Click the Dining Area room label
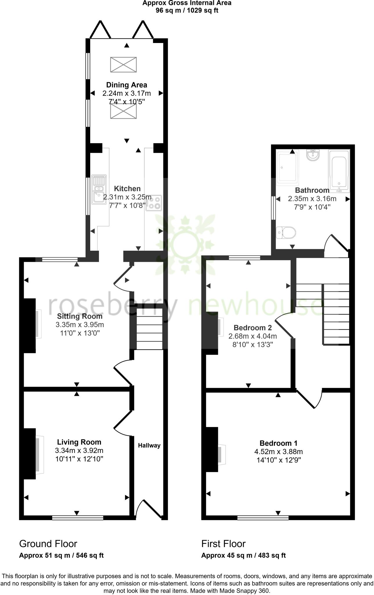[x=127, y=85]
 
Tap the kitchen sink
[x=99, y=189]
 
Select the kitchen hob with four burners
[x=154, y=203]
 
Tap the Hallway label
[x=149, y=445]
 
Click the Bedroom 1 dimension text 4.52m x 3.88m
[x=279, y=452]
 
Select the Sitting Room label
[x=80, y=316]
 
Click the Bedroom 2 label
[x=252, y=328]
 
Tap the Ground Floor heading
[x=48, y=544]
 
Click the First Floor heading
[x=223, y=544]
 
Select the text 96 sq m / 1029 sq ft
[x=187, y=10]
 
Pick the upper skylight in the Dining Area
[x=123, y=65]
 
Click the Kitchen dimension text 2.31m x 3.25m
[x=127, y=197]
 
